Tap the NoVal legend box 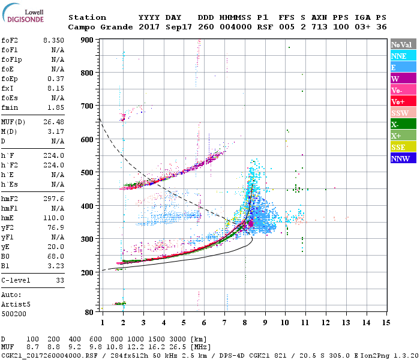pyautogui.click(x=403, y=44)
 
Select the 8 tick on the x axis pyautogui.click(x=245, y=323)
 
